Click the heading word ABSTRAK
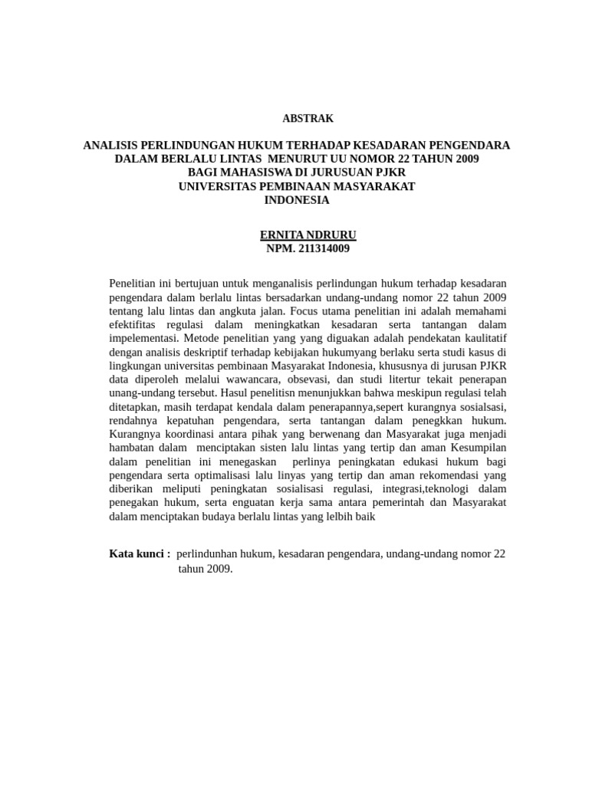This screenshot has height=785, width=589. point(308,118)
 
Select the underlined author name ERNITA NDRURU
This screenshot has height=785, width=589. point(308,235)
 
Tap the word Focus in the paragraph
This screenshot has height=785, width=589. point(305,311)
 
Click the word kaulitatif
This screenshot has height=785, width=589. point(475,338)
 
